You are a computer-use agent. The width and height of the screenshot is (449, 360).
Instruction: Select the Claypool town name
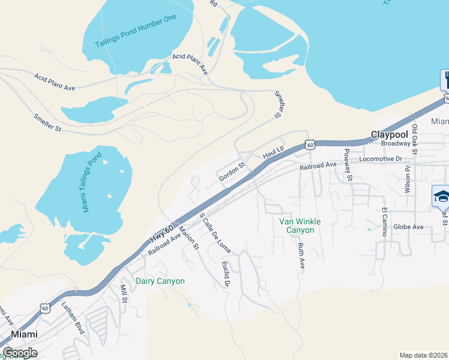pyautogui.click(x=390, y=134)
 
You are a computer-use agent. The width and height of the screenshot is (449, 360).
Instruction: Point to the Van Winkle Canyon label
pyautogui.click(x=300, y=226)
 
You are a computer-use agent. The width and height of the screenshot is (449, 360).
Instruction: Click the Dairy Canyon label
pyautogui.click(x=160, y=281)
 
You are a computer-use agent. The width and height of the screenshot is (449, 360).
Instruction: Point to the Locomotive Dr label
pyautogui.click(x=388, y=160)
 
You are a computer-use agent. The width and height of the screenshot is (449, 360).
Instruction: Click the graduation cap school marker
pyautogui.click(x=441, y=196)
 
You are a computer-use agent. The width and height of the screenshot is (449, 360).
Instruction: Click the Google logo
pyautogui.click(x=19, y=352)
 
